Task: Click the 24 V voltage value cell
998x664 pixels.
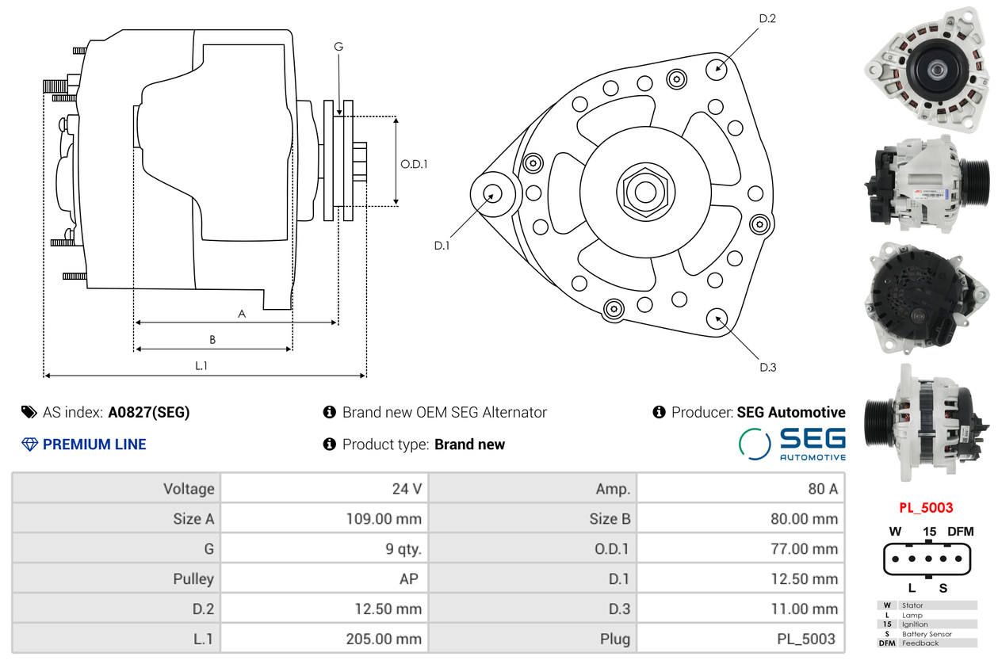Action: click(407, 489)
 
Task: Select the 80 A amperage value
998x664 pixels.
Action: click(823, 489)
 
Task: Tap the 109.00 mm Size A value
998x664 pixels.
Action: click(384, 519)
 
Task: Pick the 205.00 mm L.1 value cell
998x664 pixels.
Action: click(384, 639)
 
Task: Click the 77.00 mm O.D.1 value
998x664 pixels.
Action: click(805, 548)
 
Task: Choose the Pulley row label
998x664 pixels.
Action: click(193, 579)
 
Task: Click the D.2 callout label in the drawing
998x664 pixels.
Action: click(767, 18)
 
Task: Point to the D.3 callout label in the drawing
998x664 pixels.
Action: click(767, 368)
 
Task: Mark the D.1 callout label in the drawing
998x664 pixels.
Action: click(442, 246)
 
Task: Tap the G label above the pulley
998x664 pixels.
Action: click(338, 46)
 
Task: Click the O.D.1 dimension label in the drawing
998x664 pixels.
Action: click(414, 164)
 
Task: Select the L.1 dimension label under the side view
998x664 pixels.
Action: click(201, 365)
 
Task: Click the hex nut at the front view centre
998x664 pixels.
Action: click(645, 193)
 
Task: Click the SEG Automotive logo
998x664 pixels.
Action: click(792, 444)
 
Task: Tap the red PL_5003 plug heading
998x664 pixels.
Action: click(926, 508)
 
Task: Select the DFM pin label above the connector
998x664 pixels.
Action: click(961, 532)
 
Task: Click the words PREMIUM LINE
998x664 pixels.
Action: click(94, 445)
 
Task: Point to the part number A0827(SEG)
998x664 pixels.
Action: click(149, 412)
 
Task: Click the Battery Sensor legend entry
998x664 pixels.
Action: click(927, 634)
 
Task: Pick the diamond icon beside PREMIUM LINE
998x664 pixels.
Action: click(29, 445)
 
